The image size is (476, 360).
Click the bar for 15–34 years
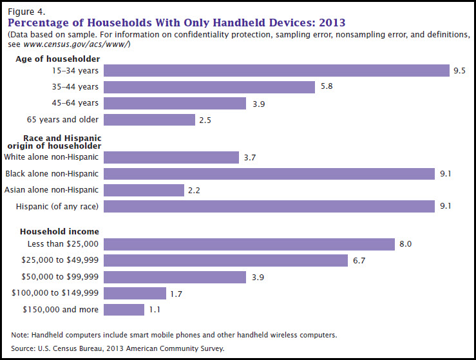(276, 70)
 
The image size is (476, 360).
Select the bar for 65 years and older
(149, 120)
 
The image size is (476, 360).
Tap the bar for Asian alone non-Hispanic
(144, 190)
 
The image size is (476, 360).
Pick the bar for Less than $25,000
(249, 244)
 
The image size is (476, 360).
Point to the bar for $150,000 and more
(124, 310)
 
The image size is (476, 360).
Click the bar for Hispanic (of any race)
(269, 206)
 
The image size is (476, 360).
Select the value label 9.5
(459, 71)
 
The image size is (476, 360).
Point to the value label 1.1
(154, 310)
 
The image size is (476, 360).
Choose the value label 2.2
(194, 190)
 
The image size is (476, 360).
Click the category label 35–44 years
(76, 87)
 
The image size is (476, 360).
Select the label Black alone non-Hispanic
(52, 173)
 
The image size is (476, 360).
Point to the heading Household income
(59, 231)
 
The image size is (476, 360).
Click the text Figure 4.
(25, 11)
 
